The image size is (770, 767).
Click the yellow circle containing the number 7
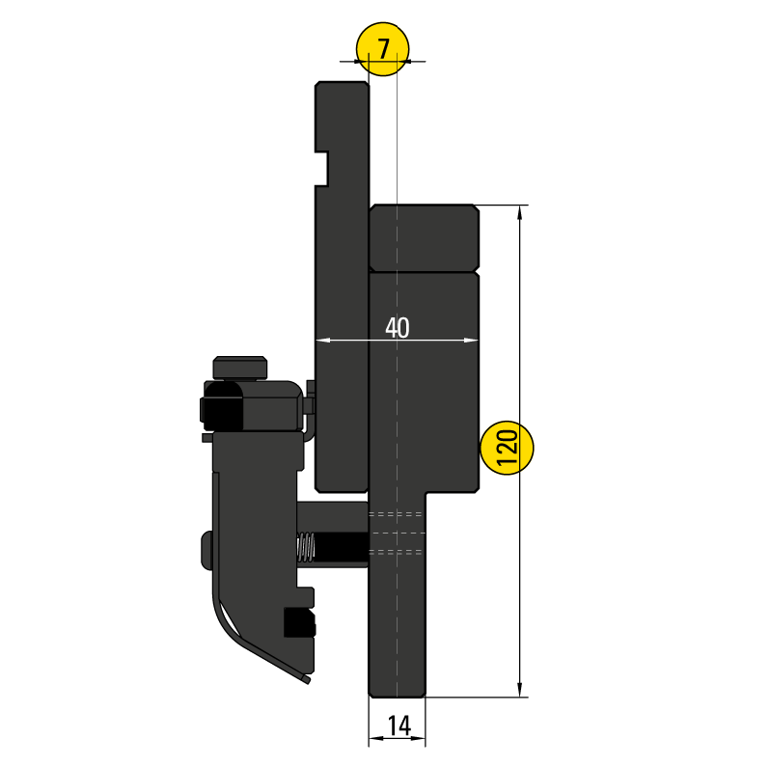(x=382, y=48)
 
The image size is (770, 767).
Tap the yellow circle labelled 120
(x=508, y=449)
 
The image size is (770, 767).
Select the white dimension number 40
(x=397, y=328)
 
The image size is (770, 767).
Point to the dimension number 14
(x=398, y=724)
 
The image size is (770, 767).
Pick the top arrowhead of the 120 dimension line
(x=522, y=211)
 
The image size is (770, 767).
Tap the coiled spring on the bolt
(x=305, y=548)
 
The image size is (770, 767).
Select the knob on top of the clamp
(x=240, y=368)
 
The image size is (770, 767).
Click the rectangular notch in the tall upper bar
(x=324, y=168)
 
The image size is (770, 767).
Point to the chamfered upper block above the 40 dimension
(x=424, y=237)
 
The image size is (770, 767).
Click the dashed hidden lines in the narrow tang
(x=397, y=533)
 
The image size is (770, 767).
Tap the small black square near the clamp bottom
(x=298, y=622)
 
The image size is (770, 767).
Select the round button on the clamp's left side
(x=206, y=549)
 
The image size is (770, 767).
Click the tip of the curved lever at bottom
(x=306, y=680)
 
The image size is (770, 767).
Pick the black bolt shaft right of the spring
(x=342, y=548)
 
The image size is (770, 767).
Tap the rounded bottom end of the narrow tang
(x=397, y=690)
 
